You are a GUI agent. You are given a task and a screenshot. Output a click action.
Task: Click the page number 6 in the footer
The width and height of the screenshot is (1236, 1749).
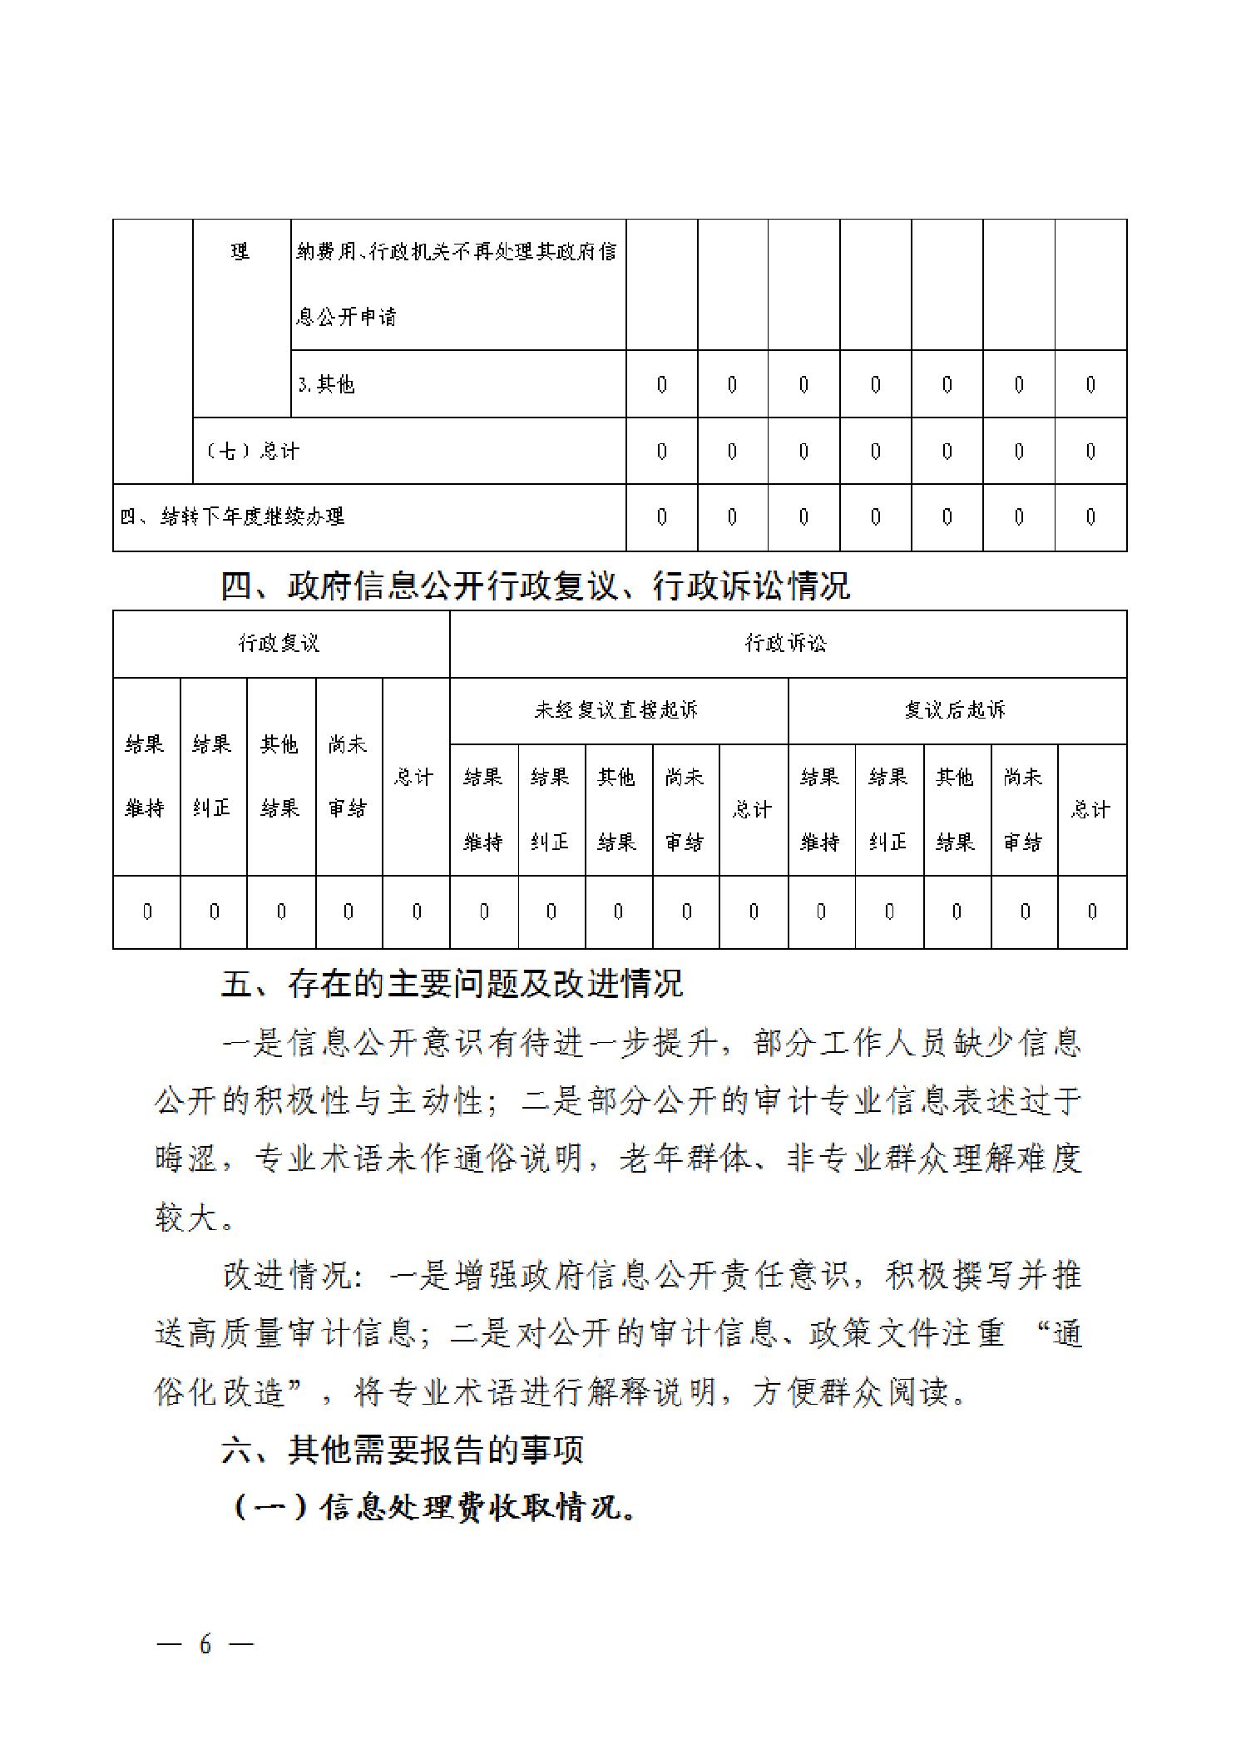click(205, 1643)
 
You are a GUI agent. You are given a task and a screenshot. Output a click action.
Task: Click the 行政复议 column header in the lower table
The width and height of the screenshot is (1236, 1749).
click(279, 643)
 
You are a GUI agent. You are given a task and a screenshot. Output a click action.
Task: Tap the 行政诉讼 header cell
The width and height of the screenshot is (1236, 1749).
click(786, 643)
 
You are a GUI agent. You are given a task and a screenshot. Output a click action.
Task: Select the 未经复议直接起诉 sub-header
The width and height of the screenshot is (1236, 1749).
click(617, 709)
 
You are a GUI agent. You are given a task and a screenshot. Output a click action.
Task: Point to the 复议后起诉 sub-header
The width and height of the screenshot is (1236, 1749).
click(956, 709)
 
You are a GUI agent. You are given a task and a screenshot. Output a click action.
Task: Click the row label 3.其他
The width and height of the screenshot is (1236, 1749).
click(327, 383)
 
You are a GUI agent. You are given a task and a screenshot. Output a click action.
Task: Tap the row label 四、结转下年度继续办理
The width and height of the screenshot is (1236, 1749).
click(232, 516)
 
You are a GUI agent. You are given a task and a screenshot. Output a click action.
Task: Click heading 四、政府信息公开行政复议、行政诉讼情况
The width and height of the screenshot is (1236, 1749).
click(535, 586)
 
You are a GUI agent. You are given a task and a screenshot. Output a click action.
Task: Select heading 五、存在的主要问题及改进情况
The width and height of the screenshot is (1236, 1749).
click(452, 984)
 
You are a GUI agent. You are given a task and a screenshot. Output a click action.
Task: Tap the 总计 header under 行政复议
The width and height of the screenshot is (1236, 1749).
click(414, 777)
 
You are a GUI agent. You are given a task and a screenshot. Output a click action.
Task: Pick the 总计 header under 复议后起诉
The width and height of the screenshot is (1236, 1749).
click(1091, 809)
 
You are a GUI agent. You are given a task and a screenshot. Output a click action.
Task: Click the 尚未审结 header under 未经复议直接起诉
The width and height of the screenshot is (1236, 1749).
click(685, 809)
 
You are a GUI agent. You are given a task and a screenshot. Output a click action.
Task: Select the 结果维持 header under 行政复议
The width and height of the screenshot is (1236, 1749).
click(146, 776)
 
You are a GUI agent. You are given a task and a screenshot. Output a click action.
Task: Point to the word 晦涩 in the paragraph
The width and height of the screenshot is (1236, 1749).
click(186, 1158)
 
